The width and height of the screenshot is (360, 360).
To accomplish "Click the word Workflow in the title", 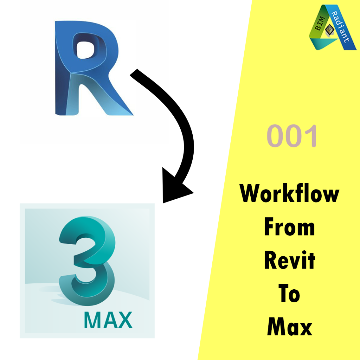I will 289,194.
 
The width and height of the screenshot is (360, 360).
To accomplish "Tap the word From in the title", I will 289,227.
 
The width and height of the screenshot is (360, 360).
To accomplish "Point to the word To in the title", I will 289,294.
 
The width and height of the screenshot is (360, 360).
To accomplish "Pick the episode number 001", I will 292,136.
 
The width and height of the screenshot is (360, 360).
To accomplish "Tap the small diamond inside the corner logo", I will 330,30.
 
